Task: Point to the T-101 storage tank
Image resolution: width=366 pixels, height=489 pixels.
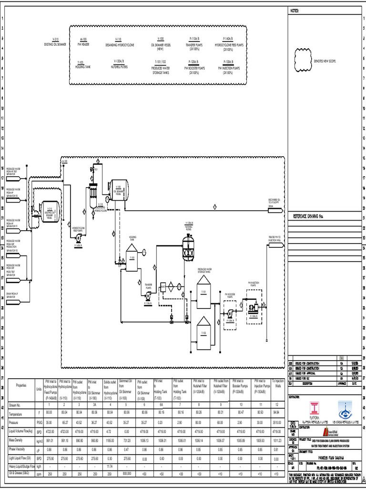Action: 203,296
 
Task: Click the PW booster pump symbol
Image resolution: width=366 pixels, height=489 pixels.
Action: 230,313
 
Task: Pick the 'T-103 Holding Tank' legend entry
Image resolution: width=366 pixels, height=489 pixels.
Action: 80,63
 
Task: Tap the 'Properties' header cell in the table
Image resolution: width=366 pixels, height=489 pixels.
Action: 21,385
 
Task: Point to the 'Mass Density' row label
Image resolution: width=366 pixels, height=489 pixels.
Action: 17,439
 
